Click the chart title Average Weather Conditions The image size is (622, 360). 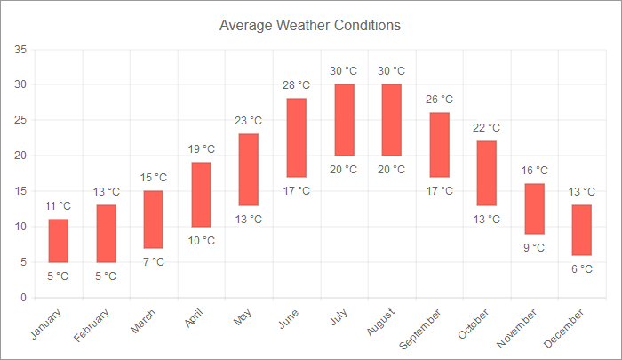(310, 25)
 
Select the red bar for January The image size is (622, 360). (59, 241)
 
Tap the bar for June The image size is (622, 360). (297, 138)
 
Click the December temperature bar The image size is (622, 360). (582, 230)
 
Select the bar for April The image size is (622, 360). (202, 195)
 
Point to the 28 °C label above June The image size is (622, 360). (297, 85)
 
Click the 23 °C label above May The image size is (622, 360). (249, 121)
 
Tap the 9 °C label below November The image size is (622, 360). (534, 248)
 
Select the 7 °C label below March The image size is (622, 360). (154, 262)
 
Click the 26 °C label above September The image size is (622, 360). (439, 100)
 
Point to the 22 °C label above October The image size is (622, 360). (487, 128)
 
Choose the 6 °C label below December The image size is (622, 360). (582, 269)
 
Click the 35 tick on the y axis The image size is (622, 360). (20, 49)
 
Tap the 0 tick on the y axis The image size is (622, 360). (23, 298)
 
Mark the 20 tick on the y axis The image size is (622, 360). (20, 156)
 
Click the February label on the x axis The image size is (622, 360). (93, 324)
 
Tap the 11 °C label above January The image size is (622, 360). (59, 206)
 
